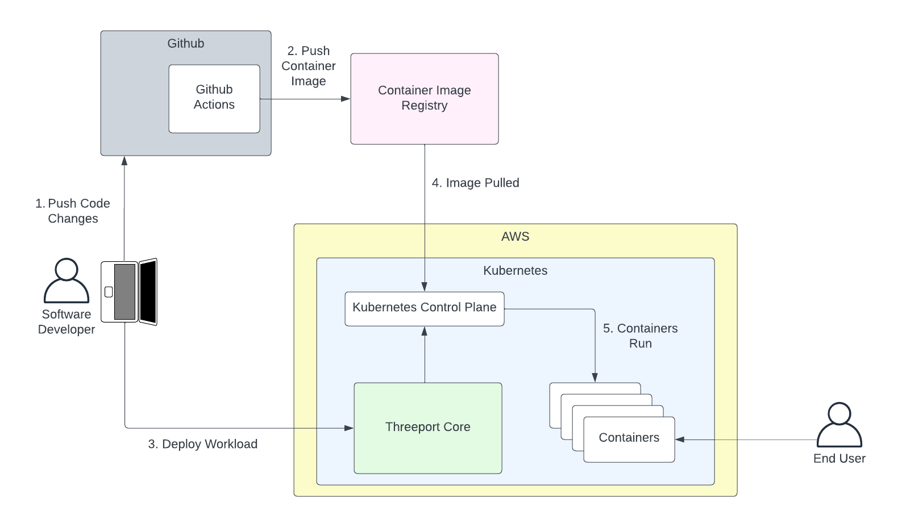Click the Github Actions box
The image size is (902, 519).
pyautogui.click(x=214, y=99)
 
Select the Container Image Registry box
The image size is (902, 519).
pyautogui.click(x=424, y=99)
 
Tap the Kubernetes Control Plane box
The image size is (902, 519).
pyautogui.click(x=424, y=308)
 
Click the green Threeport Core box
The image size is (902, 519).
pyautogui.click(x=427, y=428)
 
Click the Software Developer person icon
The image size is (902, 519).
pyautogui.click(x=66, y=281)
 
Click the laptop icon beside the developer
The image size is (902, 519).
pyautogui.click(x=129, y=292)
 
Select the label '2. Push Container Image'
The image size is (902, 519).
pyautogui.click(x=308, y=66)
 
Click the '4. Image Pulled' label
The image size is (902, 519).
pyautogui.click(x=475, y=183)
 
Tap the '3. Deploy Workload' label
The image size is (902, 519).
pyautogui.click(x=202, y=444)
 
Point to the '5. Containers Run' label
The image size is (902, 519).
pyautogui.click(x=640, y=336)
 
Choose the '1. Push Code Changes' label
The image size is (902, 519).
pyautogui.click(x=73, y=211)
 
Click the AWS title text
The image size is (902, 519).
pyautogui.click(x=515, y=237)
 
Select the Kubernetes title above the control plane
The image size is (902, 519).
pyautogui.click(x=515, y=271)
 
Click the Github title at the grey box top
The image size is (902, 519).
pyautogui.click(x=185, y=44)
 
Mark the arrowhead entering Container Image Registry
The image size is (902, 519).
pyautogui.click(x=346, y=99)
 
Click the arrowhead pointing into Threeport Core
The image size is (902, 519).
pyautogui.click(x=349, y=428)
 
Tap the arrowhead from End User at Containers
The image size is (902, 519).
pyautogui.click(x=680, y=440)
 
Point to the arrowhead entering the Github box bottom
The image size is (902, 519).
pyautogui.click(x=124, y=161)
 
